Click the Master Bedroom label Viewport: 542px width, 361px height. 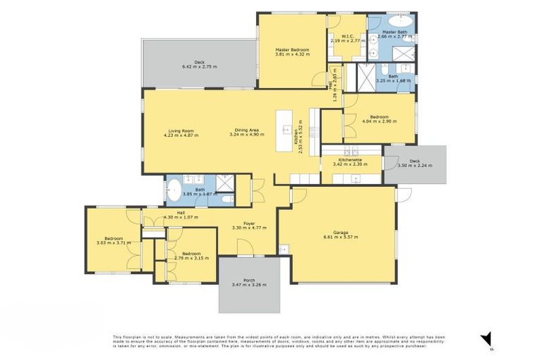coord(289,49)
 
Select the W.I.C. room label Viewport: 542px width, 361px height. coord(347,37)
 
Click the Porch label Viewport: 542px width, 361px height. coord(249,280)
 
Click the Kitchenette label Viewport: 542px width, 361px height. coord(350,160)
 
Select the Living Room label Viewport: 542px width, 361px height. coord(181,130)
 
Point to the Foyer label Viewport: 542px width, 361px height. coord(249,224)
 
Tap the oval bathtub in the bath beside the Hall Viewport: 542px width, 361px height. coord(174,191)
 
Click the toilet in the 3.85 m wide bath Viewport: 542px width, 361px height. coord(227,200)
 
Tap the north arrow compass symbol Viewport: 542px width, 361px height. coord(486,339)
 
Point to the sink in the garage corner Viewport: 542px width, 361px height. coord(283,248)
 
